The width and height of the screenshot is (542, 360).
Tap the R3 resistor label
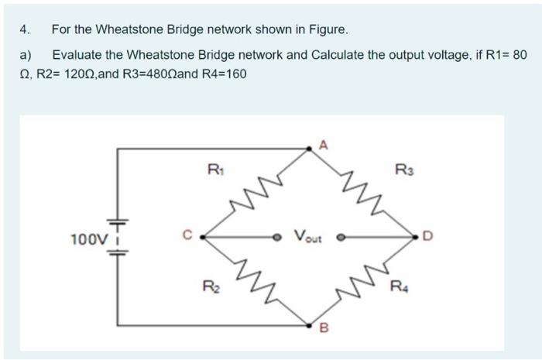pyautogui.click(x=404, y=168)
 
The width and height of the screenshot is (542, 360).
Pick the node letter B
pyautogui.click(x=324, y=335)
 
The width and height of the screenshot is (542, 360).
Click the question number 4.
pyautogui.click(x=25, y=30)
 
